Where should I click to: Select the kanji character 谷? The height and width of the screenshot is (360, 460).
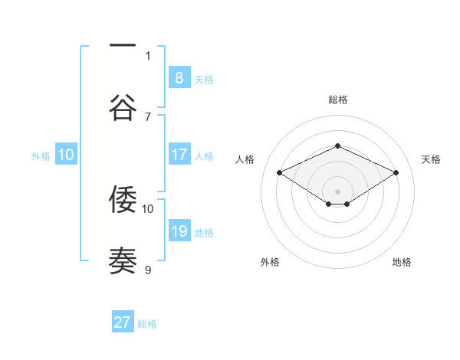123,106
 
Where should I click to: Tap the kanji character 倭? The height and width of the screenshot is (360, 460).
123,199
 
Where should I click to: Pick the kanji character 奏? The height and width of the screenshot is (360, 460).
123,260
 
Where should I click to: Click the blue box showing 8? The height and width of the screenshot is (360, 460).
179,77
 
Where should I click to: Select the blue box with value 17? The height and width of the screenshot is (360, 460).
179,155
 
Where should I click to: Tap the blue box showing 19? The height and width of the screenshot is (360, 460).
179,231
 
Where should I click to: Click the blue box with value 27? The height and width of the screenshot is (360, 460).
123,322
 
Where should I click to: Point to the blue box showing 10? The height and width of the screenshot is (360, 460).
66,155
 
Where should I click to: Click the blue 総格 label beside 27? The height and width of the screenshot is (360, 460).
147,324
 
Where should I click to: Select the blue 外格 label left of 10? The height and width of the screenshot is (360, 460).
41,156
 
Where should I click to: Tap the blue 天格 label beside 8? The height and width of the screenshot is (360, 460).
204,80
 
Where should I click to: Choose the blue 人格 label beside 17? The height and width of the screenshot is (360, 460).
204,156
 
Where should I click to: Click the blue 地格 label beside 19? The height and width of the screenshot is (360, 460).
204,233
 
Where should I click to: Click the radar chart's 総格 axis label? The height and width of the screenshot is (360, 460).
337,100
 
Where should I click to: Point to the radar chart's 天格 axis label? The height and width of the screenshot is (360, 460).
431,159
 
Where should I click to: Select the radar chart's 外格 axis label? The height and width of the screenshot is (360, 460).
270,262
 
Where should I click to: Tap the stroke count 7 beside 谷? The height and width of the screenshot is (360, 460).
148,116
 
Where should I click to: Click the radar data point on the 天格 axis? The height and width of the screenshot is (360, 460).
396,173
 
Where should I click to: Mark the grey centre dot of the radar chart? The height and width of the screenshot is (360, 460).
337,191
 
